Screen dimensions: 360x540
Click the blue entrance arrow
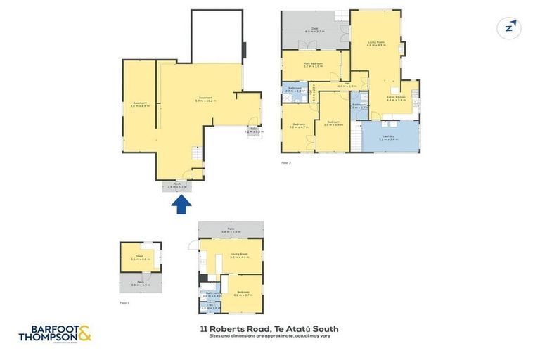click(x=181, y=204)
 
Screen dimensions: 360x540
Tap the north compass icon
click(x=510, y=27)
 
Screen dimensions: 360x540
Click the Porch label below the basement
click(x=178, y=186)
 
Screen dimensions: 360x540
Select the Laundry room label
click(x=387, y=138)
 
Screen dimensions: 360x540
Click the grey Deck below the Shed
click(x=141, y=283)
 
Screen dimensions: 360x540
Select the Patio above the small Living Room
click(x=231, y=230)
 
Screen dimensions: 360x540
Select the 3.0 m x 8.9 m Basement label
click(x=139, y=105)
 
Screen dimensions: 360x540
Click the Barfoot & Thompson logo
click(x=55, y=333)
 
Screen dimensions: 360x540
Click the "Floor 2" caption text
click(x=285, y=162)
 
